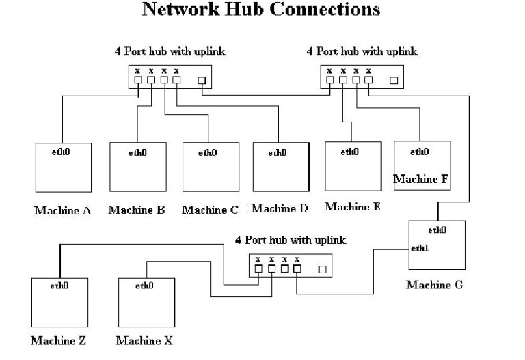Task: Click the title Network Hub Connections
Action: pos(260,10)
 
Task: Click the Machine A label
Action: pos(62,210)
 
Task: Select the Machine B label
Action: pos(136,210)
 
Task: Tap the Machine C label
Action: pos(210,210)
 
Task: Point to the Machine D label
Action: pos(280,208)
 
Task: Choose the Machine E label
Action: pos(353,207)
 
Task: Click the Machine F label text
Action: pos(421,180)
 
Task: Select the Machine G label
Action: pos(434,284)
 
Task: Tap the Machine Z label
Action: pos(58,340)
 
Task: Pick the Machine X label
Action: pos(144,340)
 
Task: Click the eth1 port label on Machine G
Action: pos(420,248)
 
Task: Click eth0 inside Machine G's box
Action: pos(437,230)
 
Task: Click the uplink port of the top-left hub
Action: pos(202,81)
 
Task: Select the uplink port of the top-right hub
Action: pos(394,80)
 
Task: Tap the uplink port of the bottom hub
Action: pos(322,269)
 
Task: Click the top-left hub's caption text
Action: pos(170,51)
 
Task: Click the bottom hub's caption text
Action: pos(291,240)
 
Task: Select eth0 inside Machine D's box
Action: pos(277,152)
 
